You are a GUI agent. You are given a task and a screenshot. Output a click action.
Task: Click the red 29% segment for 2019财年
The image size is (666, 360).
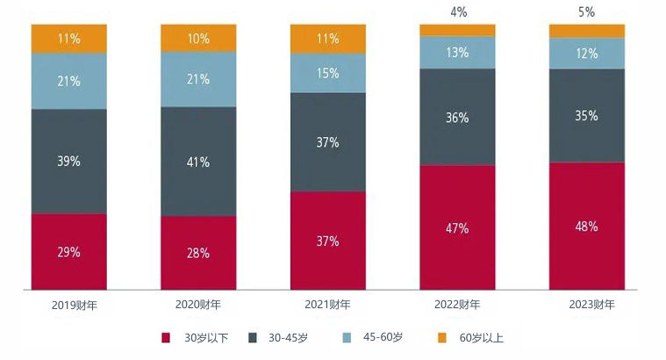(68, 252)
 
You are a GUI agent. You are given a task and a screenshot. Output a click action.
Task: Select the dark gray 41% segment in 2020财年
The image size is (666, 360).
(198, 162)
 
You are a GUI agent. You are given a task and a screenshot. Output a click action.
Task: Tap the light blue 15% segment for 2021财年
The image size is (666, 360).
(327, 74)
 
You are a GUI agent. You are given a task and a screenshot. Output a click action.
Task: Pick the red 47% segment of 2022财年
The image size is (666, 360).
(457, 227)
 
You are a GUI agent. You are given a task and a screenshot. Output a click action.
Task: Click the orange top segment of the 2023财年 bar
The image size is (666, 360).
(587, 31)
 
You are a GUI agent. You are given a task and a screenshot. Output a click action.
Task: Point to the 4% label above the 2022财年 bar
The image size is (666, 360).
(457, 12)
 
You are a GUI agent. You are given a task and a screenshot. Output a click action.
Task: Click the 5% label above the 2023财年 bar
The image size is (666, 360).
(587, 12)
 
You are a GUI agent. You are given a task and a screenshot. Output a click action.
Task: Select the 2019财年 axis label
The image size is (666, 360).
(68, 305)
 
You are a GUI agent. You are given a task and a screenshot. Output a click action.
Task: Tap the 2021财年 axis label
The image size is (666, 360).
(327, 305)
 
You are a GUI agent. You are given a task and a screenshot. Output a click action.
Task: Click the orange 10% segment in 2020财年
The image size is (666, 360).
(198, 38)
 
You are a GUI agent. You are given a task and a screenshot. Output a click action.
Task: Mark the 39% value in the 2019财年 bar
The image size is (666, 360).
(68, 162)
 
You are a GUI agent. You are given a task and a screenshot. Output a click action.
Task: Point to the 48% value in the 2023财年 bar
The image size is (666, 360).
(587, 227)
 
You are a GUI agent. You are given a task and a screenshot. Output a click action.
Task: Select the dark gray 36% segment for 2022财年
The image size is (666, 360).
(457, 117)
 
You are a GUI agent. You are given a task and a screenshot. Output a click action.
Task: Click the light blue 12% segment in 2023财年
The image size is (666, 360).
(587, 53)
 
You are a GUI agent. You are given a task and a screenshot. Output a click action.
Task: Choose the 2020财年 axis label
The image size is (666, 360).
(198, 305)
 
